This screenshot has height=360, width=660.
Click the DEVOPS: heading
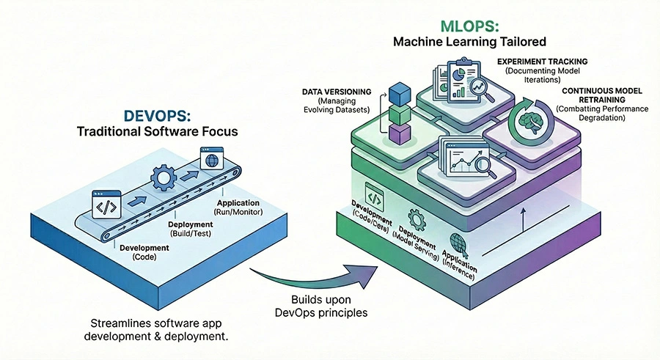(x=156, y=117)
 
